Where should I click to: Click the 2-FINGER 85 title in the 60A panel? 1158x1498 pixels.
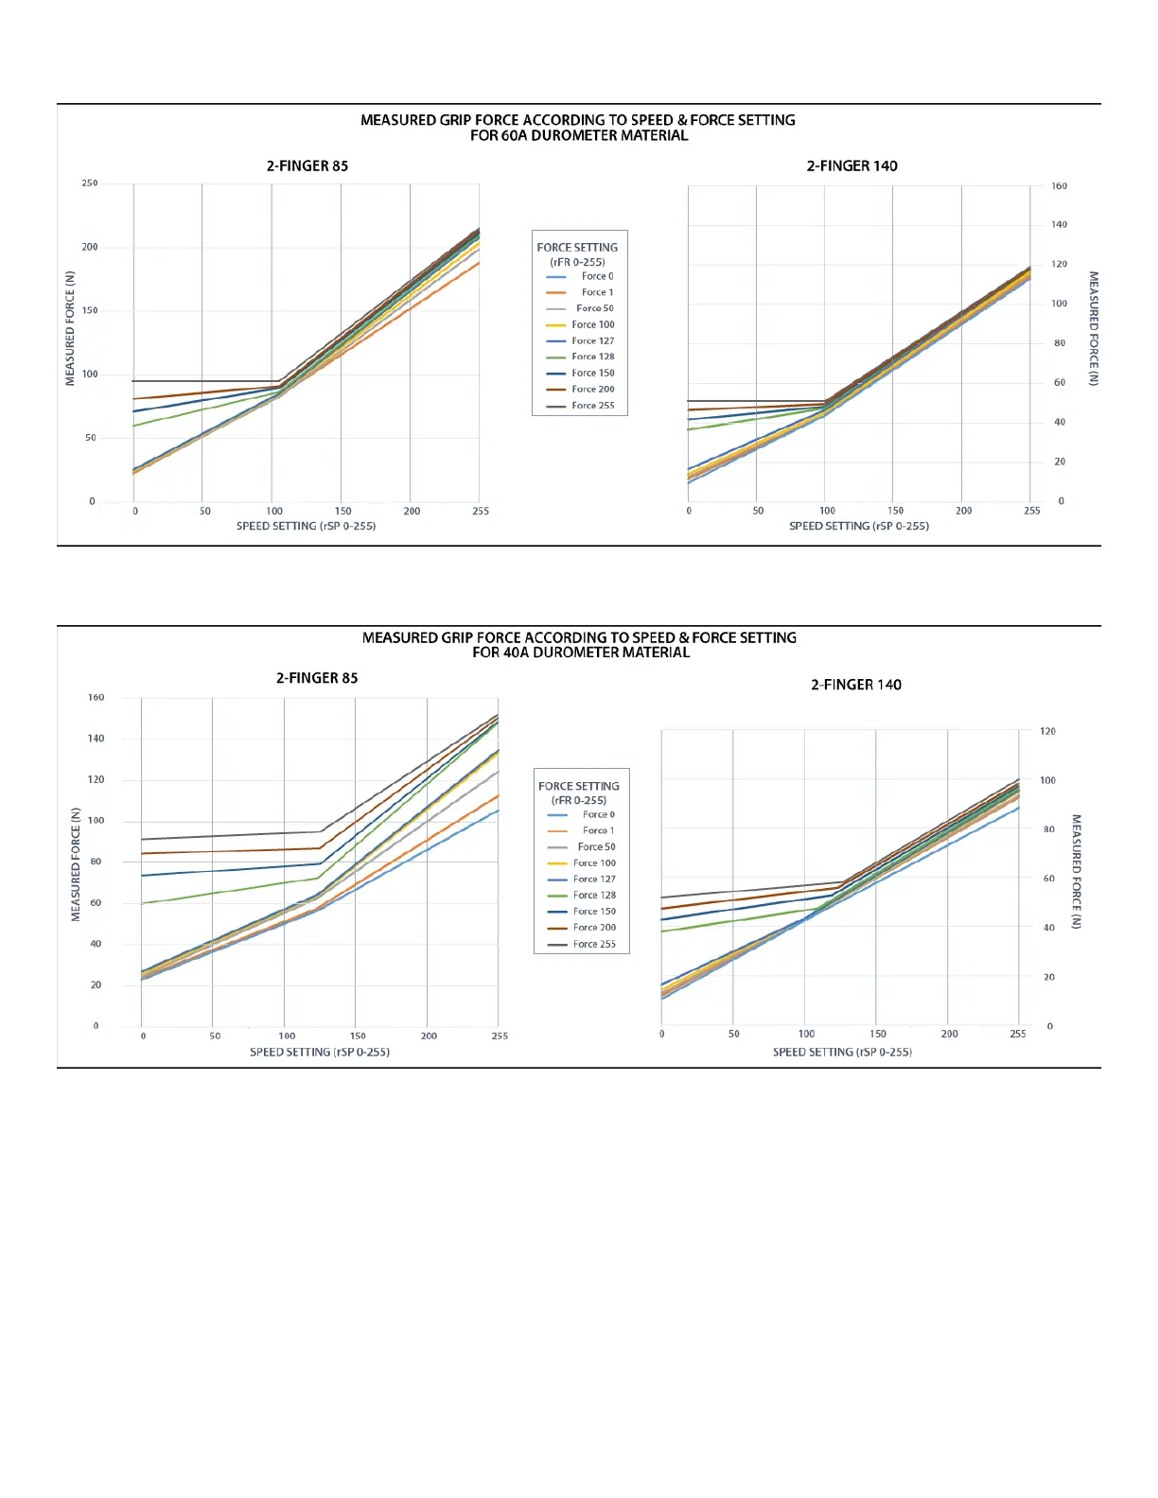(307, 165)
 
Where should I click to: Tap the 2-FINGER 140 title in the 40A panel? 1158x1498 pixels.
(855, 685)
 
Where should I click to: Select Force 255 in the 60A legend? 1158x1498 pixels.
(592, 406)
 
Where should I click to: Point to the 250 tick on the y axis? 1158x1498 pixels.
(90, 183)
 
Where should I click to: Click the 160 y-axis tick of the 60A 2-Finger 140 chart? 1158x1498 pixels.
(1059, 186)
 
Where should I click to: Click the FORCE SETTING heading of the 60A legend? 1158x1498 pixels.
(577, 248)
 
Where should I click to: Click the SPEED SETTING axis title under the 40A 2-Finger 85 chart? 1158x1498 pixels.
(320, 1052)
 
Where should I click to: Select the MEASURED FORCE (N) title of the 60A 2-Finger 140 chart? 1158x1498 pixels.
(1094, 328)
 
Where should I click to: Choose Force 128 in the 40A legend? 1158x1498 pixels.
(594, 896)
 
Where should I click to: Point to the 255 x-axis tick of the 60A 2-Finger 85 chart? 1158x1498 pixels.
(481, 512)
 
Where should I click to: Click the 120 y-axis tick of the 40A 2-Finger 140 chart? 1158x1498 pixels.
(1047, 731)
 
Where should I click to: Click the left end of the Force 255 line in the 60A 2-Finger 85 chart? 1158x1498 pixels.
(133, 381)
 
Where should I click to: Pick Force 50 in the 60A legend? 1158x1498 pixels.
(594, 308)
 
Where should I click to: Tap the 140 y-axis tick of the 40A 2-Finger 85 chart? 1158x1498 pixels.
(96, 739)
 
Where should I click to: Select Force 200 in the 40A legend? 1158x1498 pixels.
(594, 928)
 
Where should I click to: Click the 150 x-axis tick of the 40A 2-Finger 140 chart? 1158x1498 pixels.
(878, 1034)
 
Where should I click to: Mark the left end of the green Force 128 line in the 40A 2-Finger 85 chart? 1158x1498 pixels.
(142, 903)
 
